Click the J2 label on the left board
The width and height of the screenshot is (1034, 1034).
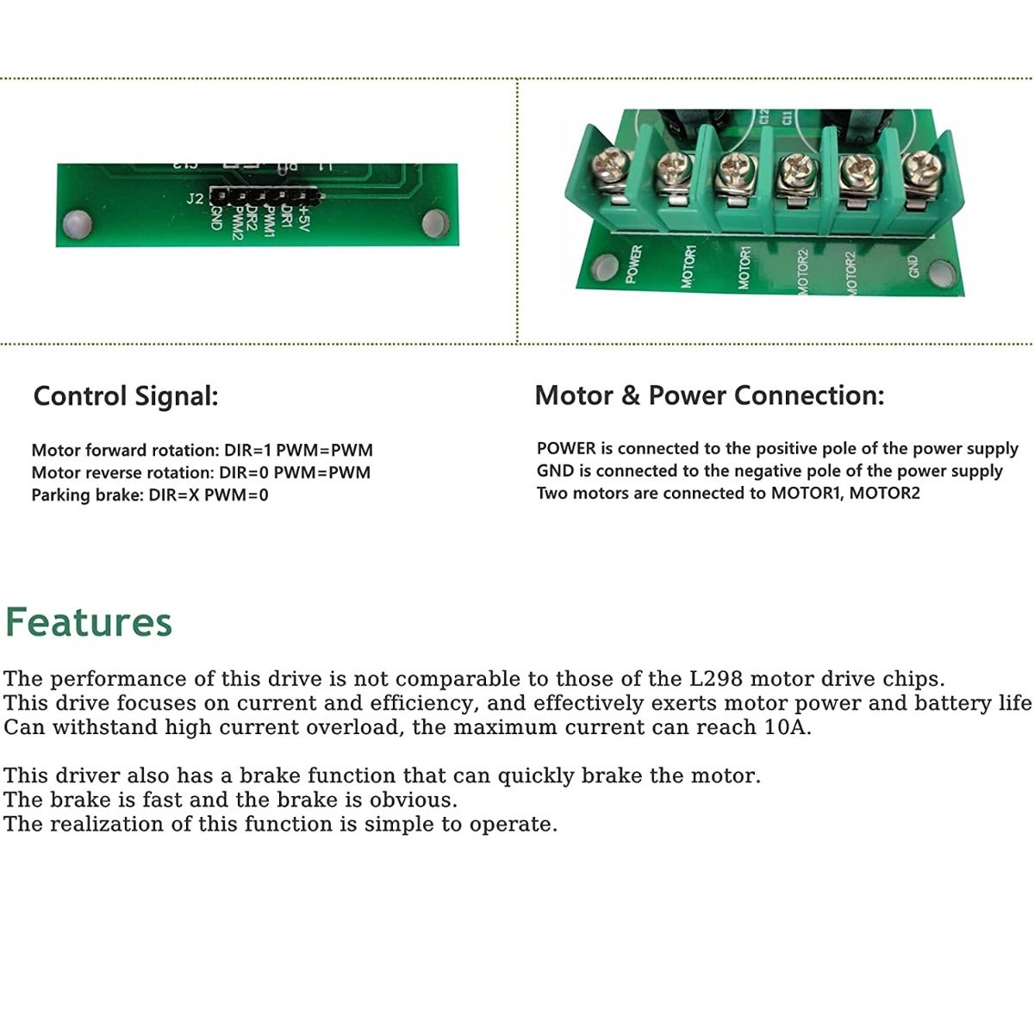195,198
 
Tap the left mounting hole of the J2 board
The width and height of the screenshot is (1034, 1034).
77,224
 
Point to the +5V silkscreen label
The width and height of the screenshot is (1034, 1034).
302,218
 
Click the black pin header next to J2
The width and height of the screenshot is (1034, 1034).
265,197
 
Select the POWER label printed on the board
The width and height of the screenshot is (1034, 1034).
633,264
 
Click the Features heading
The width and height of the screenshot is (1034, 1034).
89,622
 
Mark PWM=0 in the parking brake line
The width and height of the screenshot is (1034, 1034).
236,495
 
